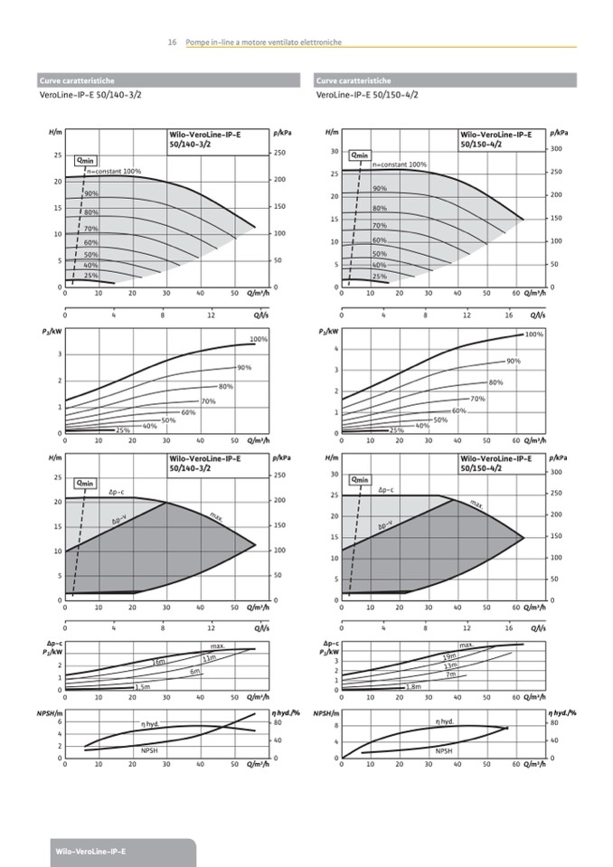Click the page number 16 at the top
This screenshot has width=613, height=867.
(172, 42)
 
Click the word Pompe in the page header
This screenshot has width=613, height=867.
(196, 42)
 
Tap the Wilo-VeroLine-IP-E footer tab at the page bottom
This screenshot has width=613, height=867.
(90, 852)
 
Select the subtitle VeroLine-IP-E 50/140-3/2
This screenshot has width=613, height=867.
(90, 94)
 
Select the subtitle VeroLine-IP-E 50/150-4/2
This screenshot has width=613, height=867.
(367, 94)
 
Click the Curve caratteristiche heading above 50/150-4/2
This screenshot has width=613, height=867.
(354, 80)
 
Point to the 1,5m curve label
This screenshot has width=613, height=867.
(142, 687)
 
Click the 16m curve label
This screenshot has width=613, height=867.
(159, 663)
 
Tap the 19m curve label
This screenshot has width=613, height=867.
(449, 656)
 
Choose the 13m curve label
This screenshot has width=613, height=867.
(450, 665)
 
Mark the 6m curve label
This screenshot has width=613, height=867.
(194, 672)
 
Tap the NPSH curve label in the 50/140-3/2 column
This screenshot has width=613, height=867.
(149, 750)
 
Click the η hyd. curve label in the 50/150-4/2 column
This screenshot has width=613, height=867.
(445, 721)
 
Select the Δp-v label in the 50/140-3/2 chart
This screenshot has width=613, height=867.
(118, 521)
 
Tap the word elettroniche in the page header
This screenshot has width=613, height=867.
(321, 42)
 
